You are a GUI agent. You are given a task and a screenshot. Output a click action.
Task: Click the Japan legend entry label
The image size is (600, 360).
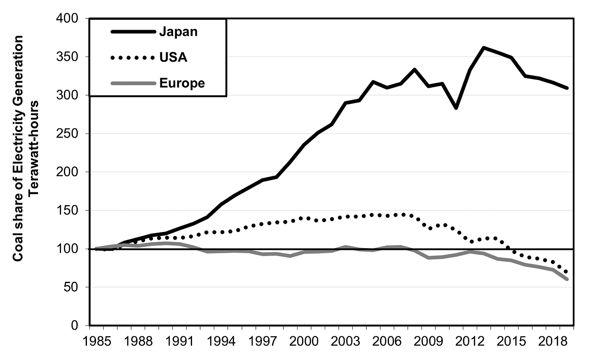click(x=178, y=32)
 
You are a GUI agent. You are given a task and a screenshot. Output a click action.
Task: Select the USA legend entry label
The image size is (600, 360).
click(x=173, y=57)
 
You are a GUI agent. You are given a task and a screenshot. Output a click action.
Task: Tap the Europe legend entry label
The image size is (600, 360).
click(x=182, y=83)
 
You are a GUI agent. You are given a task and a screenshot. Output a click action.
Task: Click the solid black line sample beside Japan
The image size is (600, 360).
click(x=132, y=32)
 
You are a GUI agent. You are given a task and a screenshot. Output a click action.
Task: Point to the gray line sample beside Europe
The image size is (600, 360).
click(x=132, y=83)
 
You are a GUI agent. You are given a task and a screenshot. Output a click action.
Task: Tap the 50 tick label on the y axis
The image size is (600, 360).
click(x=72, y=288)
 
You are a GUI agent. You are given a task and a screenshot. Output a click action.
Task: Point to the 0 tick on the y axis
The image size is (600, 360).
click(x=75, y=326)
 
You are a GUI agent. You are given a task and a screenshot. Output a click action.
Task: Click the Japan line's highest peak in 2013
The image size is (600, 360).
click(x=484, y=47)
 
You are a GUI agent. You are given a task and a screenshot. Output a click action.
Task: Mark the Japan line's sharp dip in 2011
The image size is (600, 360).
click(x=456, y=108)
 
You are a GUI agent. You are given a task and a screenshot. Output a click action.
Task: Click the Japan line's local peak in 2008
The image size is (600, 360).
click(x=415, y=69)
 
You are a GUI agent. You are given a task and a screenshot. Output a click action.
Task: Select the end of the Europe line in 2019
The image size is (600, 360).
click(x=567, y=279)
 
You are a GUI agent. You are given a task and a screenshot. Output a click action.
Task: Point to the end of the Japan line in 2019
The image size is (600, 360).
click(x=567, y=88)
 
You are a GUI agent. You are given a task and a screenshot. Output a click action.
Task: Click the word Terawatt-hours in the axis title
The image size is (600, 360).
click(x=34, y=148)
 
